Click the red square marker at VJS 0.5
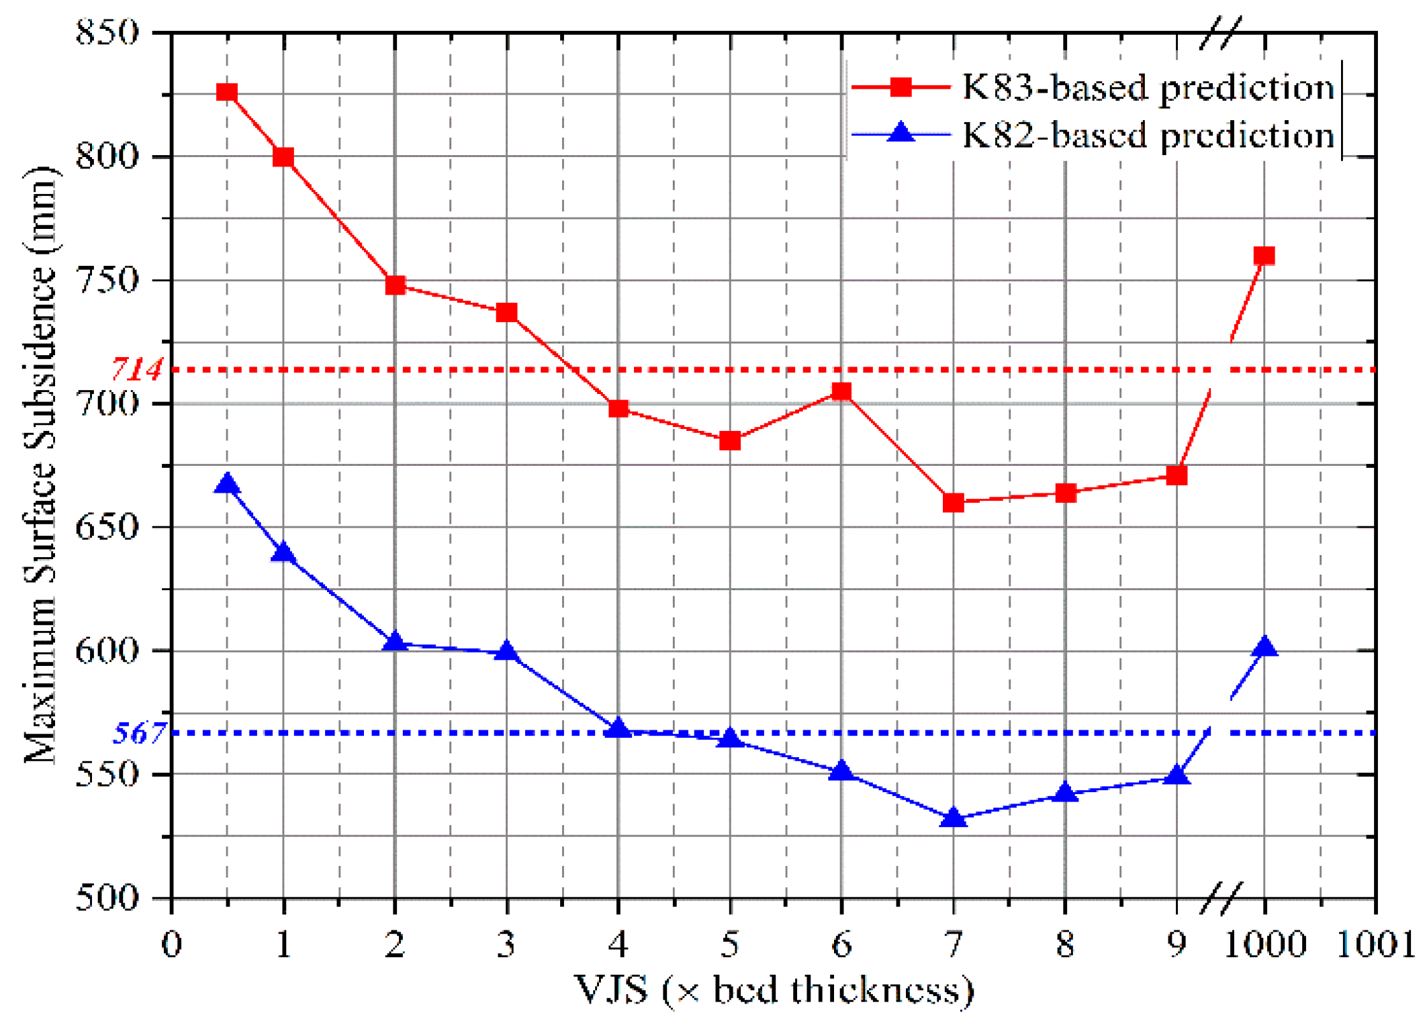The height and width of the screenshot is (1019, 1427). pyautogui.click(x=227, y=92)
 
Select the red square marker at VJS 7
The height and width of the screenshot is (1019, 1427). pyautogui.click(x=953, y=502)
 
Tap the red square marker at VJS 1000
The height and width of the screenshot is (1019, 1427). pyautogui.click(x=1264, y=256)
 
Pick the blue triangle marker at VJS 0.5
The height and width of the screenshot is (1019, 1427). pyautogui.click(x=227, y=484)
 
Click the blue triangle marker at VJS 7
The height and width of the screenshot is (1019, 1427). pyautogui.click(x=953, y=817)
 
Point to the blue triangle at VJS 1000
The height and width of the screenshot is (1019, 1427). pyautogui.click(x=1264, y=647)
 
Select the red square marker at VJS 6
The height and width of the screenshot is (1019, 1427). pyautogui.click(x=841, y=391)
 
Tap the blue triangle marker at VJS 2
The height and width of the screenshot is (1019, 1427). pyautogui.click(x=395, y=642)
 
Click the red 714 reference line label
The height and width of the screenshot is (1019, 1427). pyautogui.click(x=137, y=369)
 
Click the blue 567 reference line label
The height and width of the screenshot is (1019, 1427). pyautogui.click(x=138, y=732)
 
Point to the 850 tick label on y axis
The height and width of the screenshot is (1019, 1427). pyautogui.click(x=107, y=32)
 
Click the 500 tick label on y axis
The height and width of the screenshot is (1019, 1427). pyautogui.click(x=107, y=897)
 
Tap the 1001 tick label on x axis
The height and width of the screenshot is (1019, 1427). pyautogui.click(x=1375, y=944)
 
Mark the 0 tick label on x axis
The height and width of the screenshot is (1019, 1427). pyautogui.click(x=172, y=944)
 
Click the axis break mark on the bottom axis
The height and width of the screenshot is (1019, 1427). pyautogui.click(x=1220, y=897)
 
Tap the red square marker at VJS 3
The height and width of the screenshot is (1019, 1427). pyautogui.click(x=506, y=312)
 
